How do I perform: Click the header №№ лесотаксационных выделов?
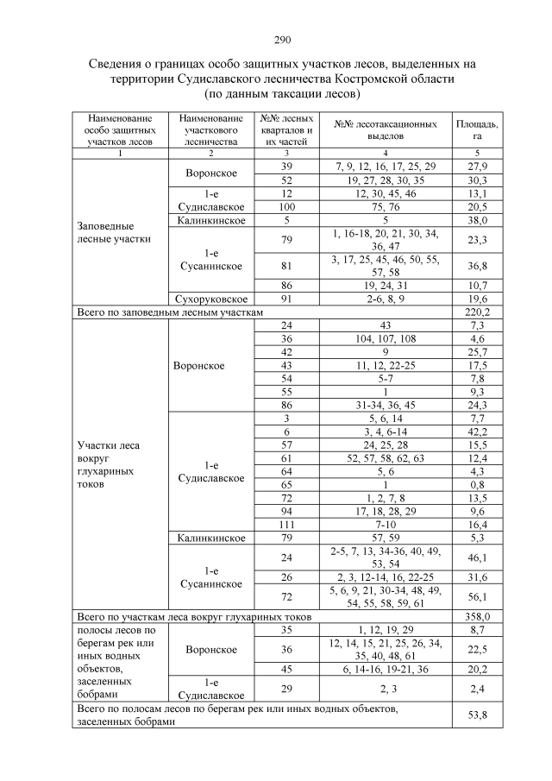pos(385,129)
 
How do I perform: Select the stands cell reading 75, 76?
pos(385,207)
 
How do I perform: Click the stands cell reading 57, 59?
pos(385,537)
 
